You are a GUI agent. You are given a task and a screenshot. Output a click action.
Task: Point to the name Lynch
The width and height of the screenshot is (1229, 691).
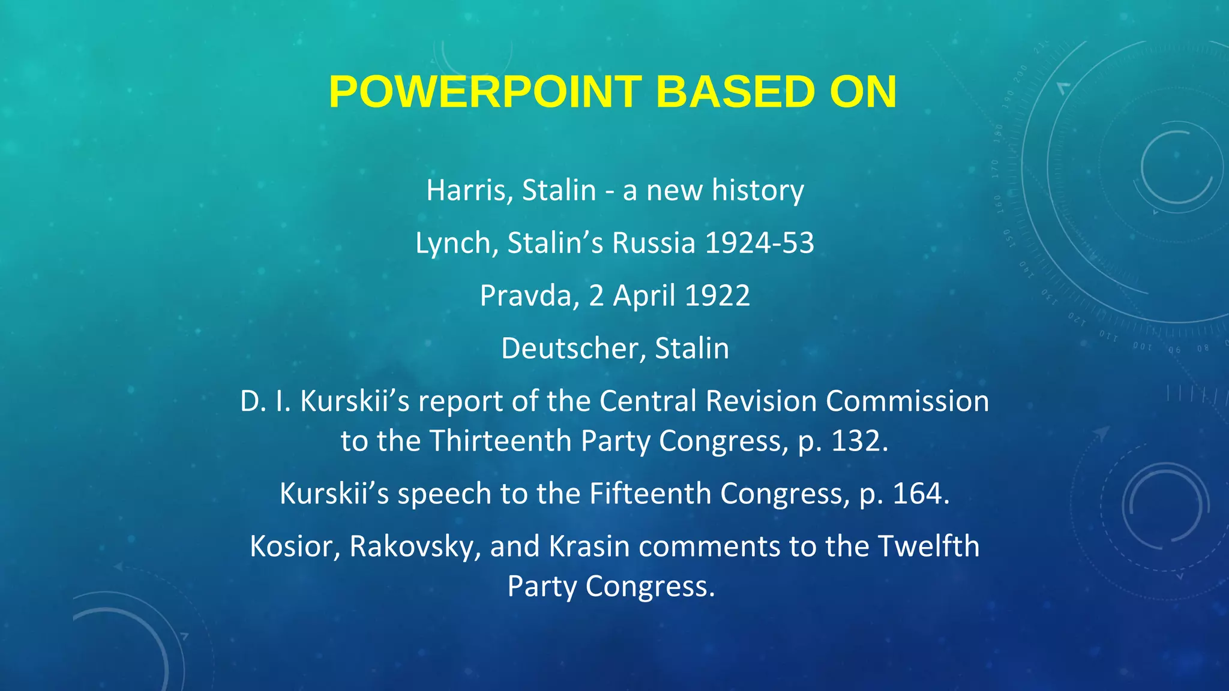coord(452,244)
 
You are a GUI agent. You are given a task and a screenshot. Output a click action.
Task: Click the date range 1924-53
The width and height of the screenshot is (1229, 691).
coord(759,244)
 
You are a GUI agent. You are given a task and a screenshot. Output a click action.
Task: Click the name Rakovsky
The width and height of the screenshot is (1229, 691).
coord(415,546)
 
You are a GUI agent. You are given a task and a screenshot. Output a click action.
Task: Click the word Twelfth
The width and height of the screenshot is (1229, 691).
coord(928,546)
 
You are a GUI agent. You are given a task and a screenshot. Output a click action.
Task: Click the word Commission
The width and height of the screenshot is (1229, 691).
coord(907,401)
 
